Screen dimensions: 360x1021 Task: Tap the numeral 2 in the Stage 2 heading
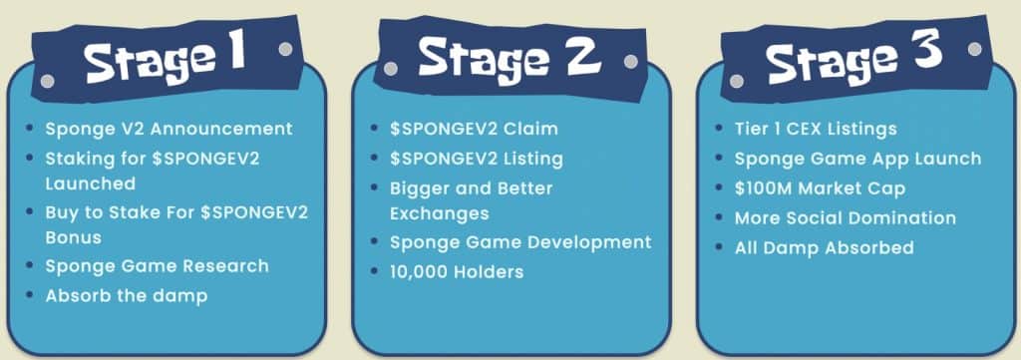click(x=575, y=56)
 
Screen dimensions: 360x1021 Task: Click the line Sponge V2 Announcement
click(x=169, y=129)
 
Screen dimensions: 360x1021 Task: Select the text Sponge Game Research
click(x=157, y=266)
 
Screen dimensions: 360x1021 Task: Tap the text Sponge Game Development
click(x=520, y=242)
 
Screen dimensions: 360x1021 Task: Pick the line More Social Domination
click(x=845, y=217)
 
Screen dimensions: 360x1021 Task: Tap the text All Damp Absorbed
click(x=824, y=247)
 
